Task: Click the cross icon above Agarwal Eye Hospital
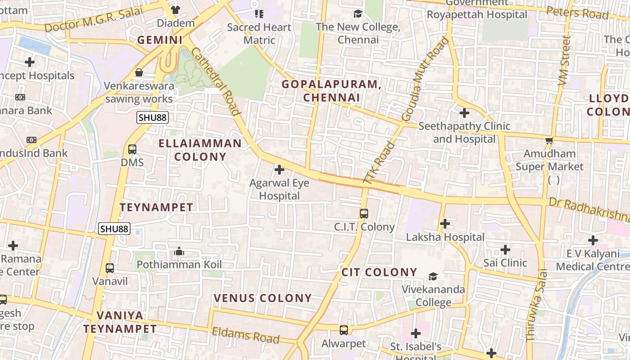coord(279,170)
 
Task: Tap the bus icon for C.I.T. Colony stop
coord(364,214)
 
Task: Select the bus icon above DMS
coord(132,149)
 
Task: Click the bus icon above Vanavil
coord(110,268)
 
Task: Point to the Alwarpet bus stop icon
coord(344,330)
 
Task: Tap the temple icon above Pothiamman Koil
coord(179,251)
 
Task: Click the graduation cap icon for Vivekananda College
coord(433,276)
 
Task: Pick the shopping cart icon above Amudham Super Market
coord(549,140)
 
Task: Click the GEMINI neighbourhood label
coord(160,40)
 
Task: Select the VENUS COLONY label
coord(263,298)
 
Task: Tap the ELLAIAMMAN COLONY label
coord(200,150)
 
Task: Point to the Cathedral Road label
coord(215,81)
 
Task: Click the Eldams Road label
coord(246,335)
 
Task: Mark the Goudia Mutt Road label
coord(425,79)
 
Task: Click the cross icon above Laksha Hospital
coord(445,223)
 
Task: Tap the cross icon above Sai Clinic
coord(505,249)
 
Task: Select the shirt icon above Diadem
coord(175,9)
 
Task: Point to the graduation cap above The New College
coord(358,13)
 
